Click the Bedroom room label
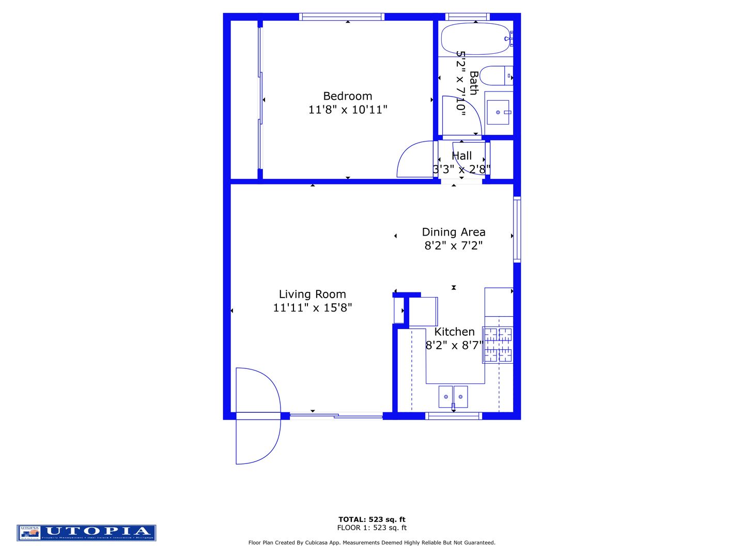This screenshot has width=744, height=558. (x=347, y=96)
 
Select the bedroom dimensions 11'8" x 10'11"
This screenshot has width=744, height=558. (x=347, y=110)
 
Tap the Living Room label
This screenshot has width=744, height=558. (x=312, y=294)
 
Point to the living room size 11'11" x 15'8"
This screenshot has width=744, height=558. (x=312, y=307)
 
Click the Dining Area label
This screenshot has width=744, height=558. (x=453, y=232)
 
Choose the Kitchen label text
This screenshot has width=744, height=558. (x=454, y=332)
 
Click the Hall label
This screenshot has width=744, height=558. (x=461, y=156)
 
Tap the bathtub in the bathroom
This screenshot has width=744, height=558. (x=475, y=39)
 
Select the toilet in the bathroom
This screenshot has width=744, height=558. (x=495, y=76)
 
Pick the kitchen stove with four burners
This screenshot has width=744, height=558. (x=498, y=345)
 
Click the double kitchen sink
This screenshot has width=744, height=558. (x=453, y=396)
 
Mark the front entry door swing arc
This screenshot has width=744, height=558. (x=258, y=416)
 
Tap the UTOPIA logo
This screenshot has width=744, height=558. (x=86, y=533)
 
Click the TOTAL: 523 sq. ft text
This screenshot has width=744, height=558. (x=371, y=519)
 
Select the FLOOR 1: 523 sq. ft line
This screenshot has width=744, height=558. (x=371, y=528)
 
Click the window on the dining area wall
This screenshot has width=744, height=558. (x=517, y=229)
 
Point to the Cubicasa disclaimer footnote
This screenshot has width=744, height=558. (x=371, y=542)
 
